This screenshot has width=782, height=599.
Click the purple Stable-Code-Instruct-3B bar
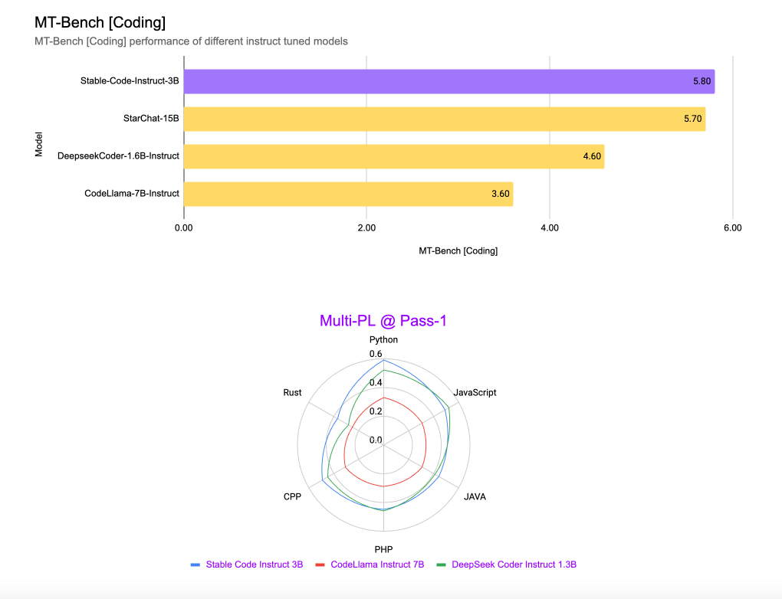(449, 81)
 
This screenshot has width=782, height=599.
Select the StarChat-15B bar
(444, 119)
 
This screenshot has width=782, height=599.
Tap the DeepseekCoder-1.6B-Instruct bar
(393, 156)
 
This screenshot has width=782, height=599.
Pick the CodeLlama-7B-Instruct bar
(348, 194)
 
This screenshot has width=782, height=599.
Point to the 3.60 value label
(500, 194)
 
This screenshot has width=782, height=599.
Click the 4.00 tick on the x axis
(549, 227)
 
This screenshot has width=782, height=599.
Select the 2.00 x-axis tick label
(366, 227)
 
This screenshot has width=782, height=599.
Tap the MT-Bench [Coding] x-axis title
(458, 251)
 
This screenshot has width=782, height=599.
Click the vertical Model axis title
(39, 145)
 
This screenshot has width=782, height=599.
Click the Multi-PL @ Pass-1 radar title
(383, 321)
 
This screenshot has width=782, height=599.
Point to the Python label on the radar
(383, 339)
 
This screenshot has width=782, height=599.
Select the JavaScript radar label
(475, 393)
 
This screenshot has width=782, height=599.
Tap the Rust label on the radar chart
(292, 393)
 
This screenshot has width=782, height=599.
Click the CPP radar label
(292, 496)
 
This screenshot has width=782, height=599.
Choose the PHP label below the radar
(383, 549)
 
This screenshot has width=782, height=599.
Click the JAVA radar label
(475, 496)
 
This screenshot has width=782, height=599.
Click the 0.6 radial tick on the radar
(375, 354)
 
